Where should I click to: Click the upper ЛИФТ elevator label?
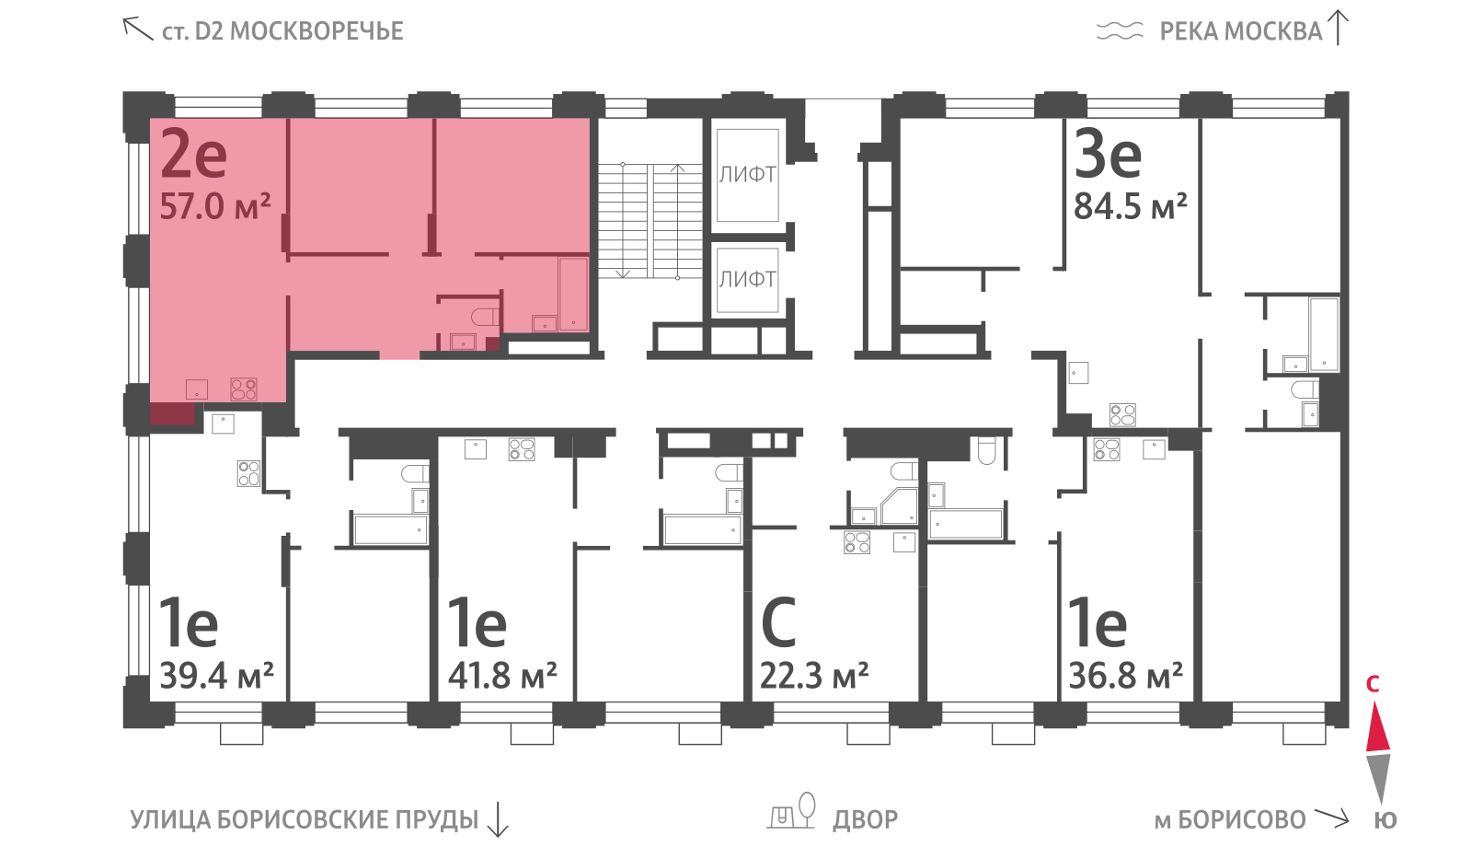click(747, 175)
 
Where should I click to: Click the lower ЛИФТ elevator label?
click(747, 280)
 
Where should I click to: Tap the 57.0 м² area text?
click(215, 206)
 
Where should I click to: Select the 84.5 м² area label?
click(1131, 206)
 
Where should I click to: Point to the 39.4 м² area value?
click(216, 676)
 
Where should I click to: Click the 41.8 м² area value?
click(502, 676)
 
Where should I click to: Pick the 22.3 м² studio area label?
click(814, 676)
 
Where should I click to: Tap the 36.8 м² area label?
click(1126, 676)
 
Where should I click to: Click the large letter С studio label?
click(778, 622)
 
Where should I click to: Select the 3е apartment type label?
click(1108, 154)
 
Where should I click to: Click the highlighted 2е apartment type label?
click(194, 154)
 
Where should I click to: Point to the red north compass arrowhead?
click(1378, 726)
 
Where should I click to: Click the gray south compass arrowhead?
click(1378, 778)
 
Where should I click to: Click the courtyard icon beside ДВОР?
click(792, 811)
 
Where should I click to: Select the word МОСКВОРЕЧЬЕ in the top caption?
click(316, 31)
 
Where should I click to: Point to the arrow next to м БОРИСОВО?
click(1331, 818)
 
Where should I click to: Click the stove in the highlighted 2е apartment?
click(243, 389)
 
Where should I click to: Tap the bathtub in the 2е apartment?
click(573, 295)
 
